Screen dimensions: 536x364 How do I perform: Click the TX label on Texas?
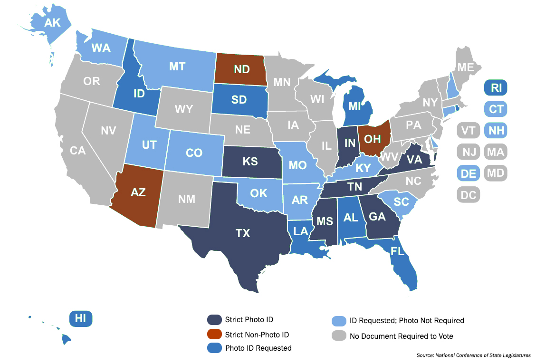(243, 233)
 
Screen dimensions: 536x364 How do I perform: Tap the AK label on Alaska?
(53, 22)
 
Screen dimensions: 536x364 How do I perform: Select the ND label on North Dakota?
(241, 69)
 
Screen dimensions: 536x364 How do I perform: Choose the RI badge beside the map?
(496, 87)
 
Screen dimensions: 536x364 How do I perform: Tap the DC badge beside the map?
(469, 194)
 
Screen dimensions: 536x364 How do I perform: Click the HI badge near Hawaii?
(81, 318)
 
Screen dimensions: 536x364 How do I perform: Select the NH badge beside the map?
(496, 130)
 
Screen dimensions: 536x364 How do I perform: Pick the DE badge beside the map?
(469, 173)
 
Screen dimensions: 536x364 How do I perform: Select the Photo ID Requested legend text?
(258, 348)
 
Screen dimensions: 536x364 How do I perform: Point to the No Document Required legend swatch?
(339, 335)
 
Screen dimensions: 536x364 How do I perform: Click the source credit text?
(473, 355)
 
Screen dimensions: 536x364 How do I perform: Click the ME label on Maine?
(465, 67)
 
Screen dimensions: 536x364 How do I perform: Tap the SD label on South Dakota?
(239, 100)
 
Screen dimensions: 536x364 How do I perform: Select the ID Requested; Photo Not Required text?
(407, 320)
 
